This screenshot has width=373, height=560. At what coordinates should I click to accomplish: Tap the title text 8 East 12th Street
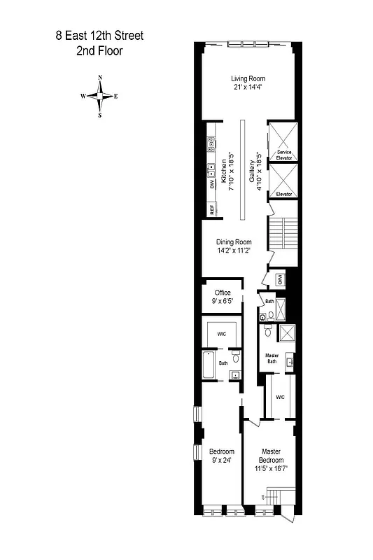(100, 35)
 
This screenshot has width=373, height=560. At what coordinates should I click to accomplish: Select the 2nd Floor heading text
(100, 50)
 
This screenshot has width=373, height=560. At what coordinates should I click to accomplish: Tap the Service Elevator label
(283, 155)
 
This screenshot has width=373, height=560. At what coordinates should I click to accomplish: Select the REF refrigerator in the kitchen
(211, 209)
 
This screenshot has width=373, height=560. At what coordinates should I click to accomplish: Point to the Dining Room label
(234, 242)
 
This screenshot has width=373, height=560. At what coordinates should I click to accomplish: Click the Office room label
(223, 293)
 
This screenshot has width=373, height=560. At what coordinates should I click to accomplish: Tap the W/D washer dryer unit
(279, 279)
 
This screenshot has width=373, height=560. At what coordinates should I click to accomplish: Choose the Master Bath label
(272, 358)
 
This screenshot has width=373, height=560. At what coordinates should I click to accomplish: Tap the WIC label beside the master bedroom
(280, 397)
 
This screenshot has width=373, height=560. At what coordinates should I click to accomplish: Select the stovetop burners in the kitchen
(210, 145)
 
